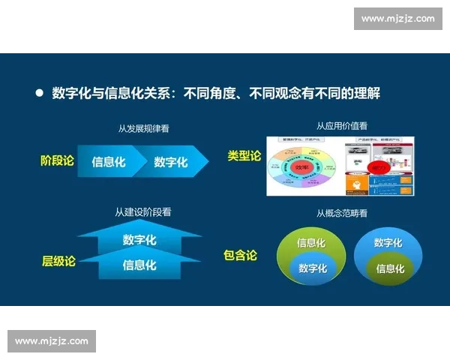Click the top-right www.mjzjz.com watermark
click(x=397, y=19)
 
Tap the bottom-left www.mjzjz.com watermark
click(x=51, y=341)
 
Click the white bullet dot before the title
click(x=40, y=94)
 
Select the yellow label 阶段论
click(x=58, y=160)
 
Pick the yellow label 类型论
click(x=244, y=156)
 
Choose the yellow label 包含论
click(x=240, y=256)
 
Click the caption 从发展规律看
click(x=143, y=128)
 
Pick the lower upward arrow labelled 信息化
click(x=139, y=264)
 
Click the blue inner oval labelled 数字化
click(x=312, y=268)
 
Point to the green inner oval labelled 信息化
click(x=389, y=268)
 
